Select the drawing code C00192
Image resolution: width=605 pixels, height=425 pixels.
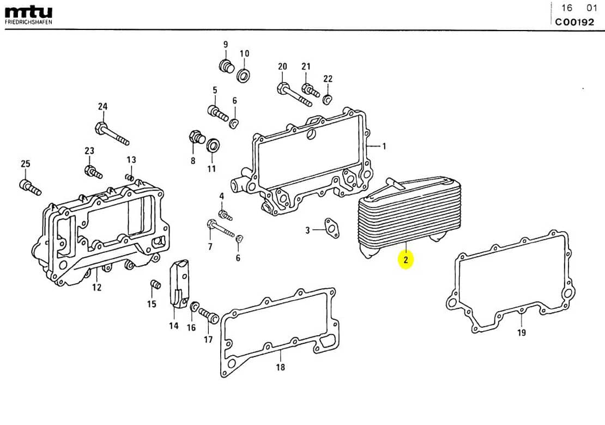(x=575, y=22)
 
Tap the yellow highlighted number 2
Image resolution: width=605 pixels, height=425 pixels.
(x=406, y=260)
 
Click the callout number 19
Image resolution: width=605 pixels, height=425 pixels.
(x=521, y=332)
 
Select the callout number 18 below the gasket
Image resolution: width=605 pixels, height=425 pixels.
(x=280, y=367)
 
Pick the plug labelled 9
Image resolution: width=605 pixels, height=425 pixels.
(x=226, y=66)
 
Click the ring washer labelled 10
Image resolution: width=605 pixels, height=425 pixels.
(x=244, y=75)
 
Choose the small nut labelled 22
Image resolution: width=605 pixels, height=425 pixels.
(x=327, y=99)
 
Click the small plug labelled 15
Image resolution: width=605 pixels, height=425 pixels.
(x=154, y=285)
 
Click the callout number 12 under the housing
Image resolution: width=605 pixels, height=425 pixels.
(x=96, y=287)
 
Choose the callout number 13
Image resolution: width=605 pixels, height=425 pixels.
(x=131, y=160)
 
